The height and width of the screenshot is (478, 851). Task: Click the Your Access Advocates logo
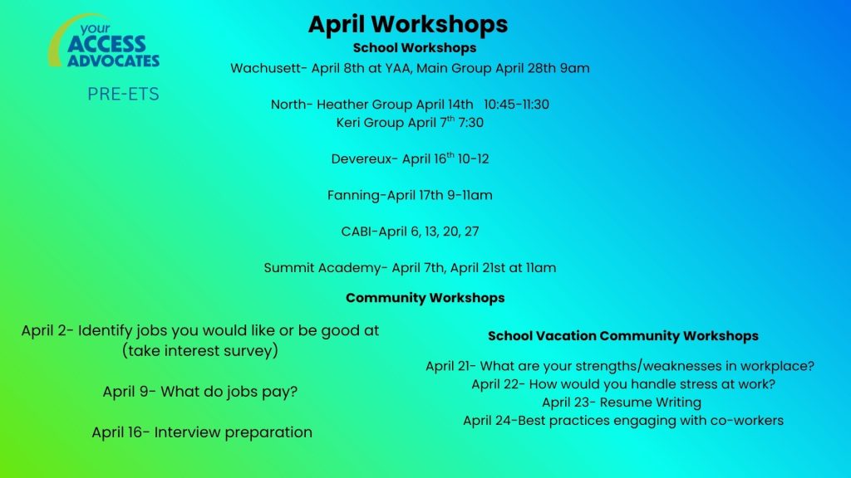point(104,41)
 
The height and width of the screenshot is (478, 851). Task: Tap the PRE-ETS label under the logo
point(123,95)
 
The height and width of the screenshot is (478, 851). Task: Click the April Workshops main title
point(408,24)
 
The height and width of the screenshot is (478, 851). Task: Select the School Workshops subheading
point(415,47)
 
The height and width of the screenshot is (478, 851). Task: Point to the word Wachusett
point(265,68)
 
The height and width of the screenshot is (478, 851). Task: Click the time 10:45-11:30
point(516,104)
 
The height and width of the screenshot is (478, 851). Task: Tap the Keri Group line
point(410,122)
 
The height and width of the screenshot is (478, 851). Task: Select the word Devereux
point(361,159)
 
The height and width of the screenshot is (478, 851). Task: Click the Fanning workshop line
point(410,195)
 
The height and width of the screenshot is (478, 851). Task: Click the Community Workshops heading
point(425,298)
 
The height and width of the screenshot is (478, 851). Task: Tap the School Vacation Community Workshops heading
point(623,336)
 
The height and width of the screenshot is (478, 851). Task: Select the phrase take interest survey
point(200,351)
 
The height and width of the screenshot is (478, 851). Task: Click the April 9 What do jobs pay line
point(200,392)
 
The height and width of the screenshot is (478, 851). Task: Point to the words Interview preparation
point(234,432)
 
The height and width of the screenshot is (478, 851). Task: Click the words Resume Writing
point(650,402)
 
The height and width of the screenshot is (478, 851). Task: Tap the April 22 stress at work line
point(623,384)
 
